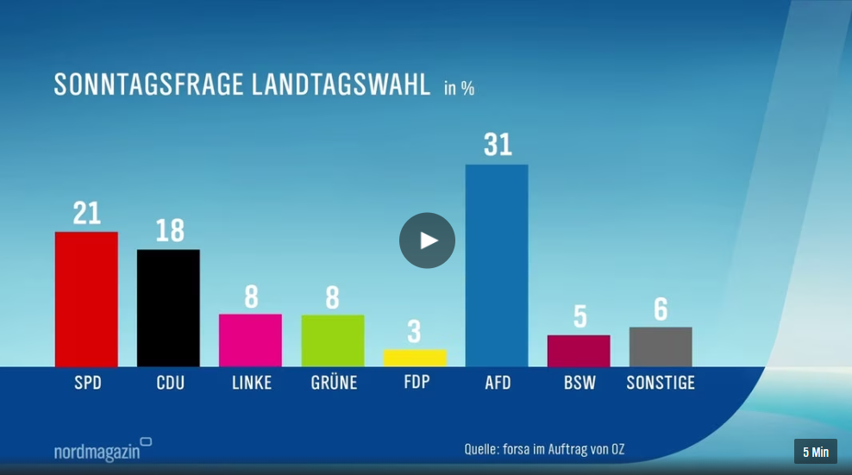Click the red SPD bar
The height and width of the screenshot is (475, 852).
point(86,299)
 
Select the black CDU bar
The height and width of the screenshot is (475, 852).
point(168,308)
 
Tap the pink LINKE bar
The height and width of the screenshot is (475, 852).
point(250,341)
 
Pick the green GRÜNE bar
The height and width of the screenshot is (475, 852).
point(333,341)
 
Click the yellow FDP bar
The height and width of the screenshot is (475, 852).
point(415,358)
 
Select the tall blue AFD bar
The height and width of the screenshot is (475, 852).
point(497,266)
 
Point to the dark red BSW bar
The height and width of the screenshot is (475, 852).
point(579,351)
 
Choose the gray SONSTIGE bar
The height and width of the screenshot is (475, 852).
point(661,347)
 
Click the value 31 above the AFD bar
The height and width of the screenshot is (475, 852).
point(498,145)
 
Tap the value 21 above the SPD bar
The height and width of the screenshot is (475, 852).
point(87,213)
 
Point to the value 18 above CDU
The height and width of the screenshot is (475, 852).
point(170,230)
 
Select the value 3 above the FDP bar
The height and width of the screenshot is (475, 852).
point(414,332)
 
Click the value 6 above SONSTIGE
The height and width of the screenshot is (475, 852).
point(661,309)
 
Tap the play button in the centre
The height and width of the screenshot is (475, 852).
point(427,241)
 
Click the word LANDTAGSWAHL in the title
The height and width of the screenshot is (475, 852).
point(341,84)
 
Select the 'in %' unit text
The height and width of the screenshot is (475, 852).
point(459,88)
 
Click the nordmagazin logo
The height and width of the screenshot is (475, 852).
point(103,450)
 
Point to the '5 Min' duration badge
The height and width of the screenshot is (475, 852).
point(816,452)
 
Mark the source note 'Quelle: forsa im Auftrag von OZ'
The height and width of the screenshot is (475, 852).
point(544,449)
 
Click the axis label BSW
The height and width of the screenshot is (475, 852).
point(579,383)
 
